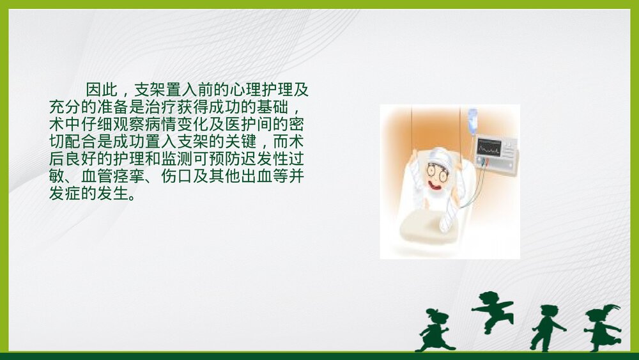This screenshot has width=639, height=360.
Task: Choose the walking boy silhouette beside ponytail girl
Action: tap(546, 327)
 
